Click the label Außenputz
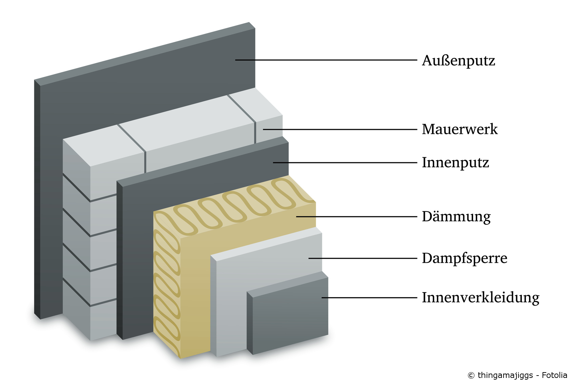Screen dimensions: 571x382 pos(458,61)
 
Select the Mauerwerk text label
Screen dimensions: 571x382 pos(460,129)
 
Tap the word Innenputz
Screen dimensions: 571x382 pos(455,163)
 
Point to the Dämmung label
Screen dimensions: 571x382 pos(456,217)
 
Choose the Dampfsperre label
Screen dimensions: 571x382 pos(465,258)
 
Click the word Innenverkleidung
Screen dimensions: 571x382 pos(481,297)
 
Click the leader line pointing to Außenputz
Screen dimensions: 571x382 pos(326,60)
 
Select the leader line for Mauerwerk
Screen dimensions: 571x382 pos(340,129)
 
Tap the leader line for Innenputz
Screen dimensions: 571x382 pos(345,163)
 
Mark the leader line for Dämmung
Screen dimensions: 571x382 pos(356,217)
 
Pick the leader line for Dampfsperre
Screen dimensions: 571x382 pos(363,258)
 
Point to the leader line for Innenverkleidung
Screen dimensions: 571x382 pos(369,298)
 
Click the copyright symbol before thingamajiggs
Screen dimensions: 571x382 pos(471,376)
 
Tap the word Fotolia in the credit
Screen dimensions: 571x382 pos(554,375)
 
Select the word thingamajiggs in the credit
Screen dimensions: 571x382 pos(505,376)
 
